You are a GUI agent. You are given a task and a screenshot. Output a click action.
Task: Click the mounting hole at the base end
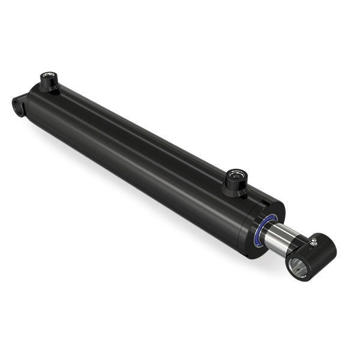click(x=17, y=103)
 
